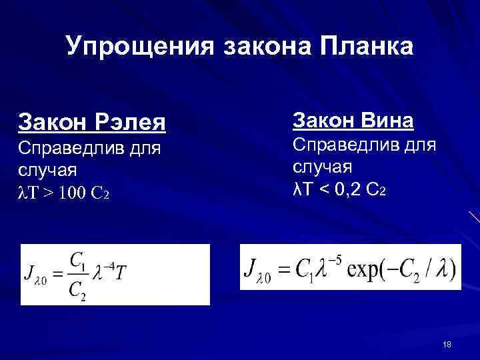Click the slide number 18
(x=447, y=344)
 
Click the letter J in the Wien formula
(x=252, y=270)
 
